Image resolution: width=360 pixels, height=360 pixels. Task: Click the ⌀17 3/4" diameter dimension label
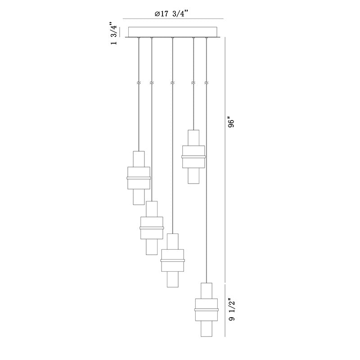(x=171, y=14)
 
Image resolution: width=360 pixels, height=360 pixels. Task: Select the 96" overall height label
(x=232, y=123)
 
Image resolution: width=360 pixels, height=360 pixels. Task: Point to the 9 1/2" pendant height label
(x=232, y=309)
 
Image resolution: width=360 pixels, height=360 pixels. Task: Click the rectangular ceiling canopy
(x=172, y=32)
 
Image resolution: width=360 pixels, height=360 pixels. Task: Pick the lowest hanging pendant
(x=207, y=310)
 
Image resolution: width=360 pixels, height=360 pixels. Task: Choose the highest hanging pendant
(x=193, y=157)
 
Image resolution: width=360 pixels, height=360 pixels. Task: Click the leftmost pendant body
(x=139, y=178)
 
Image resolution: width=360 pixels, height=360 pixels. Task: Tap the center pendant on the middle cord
(x=172, y=261)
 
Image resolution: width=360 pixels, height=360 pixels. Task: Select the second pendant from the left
(x=152, y=228)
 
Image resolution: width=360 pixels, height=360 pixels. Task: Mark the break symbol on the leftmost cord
(x=139, y=83)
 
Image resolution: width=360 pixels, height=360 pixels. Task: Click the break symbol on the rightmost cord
(x=206, y=83)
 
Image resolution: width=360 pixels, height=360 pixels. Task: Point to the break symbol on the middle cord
(x=172, y=83)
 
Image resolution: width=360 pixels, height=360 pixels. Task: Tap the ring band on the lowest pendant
(x=207, y=310)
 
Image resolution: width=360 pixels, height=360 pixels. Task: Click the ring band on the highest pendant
(x=193, y=157)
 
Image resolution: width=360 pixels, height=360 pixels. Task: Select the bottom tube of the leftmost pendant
(x=139, y=197)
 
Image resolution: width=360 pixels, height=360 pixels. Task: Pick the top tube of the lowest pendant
(x=207, y=291)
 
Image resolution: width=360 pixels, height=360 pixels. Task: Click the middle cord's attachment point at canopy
(x=172, y=38)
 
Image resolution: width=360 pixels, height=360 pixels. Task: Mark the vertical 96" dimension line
(x=225, y=160)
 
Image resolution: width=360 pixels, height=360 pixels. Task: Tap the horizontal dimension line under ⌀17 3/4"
(x=173, y=18)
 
